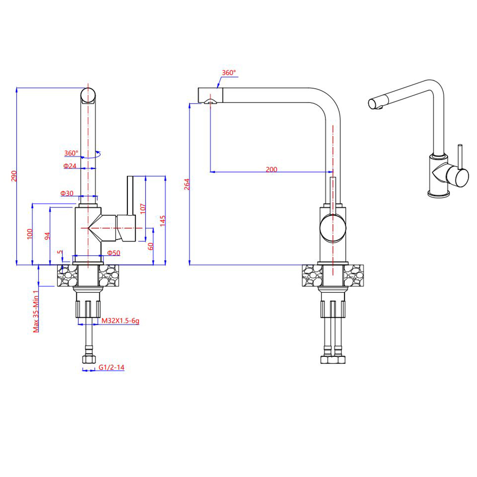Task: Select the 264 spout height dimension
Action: [187, 184]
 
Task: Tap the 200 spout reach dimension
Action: [271, 169]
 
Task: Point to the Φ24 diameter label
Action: [70, 166]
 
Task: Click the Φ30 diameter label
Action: [67, 193]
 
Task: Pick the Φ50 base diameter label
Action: [114, 252]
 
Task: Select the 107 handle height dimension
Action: [143, 208]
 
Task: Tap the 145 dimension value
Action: [163, 220]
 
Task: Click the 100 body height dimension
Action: [30, 234]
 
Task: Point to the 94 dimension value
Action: [47, 236]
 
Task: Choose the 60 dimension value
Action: [150, 247]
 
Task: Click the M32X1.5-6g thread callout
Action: [120, 321]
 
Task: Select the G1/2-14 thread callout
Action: [112, 368]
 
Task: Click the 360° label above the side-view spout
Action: [228, 73]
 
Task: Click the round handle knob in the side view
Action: [332, 227]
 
